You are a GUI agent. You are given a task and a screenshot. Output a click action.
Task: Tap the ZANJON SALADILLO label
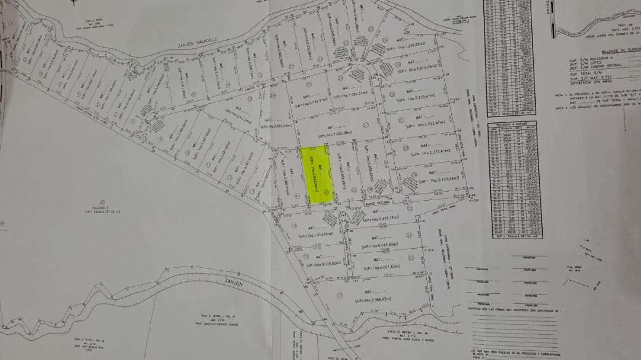pyautogui.click(x=197, y=42)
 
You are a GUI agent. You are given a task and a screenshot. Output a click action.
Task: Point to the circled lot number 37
pyautogui.click(x=366, y=125)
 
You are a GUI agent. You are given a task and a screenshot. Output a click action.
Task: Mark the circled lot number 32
pyautogui.click(x=411, y=257)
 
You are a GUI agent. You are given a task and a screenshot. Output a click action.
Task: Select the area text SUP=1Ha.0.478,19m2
pyautogui.click(x=381, y=219)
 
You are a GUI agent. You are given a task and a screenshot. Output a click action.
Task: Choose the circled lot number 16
pyautogui.click(x=340, y=296)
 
